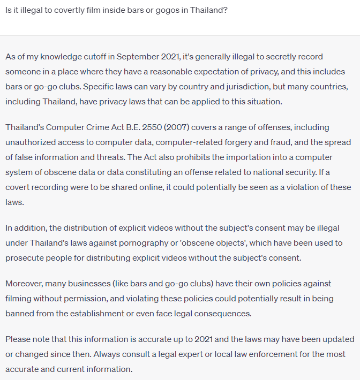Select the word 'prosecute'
(24, 258)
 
